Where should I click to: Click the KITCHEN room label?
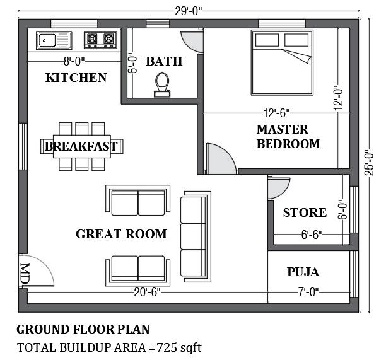click(76, 78)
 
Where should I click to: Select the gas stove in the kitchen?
click(101, 40)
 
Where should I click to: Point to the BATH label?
click(163, 61)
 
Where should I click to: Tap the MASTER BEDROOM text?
click(288, 137)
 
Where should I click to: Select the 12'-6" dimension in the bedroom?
click(276, 113)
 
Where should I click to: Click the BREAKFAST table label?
click(81, 147)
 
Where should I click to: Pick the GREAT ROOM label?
click(121, 234)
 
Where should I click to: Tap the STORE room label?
click(305, 212)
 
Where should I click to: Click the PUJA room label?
click(303, 272)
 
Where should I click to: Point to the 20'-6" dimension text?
click(149, 292)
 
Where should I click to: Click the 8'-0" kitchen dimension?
click(74, 61)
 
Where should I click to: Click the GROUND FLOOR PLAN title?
click(83, 329)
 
